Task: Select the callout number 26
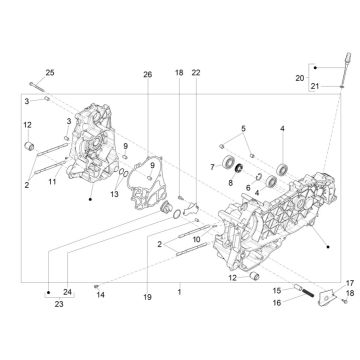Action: (x=147, y=75)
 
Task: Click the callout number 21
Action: (x=314, y=88)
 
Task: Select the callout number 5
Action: (x=243, y=130)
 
